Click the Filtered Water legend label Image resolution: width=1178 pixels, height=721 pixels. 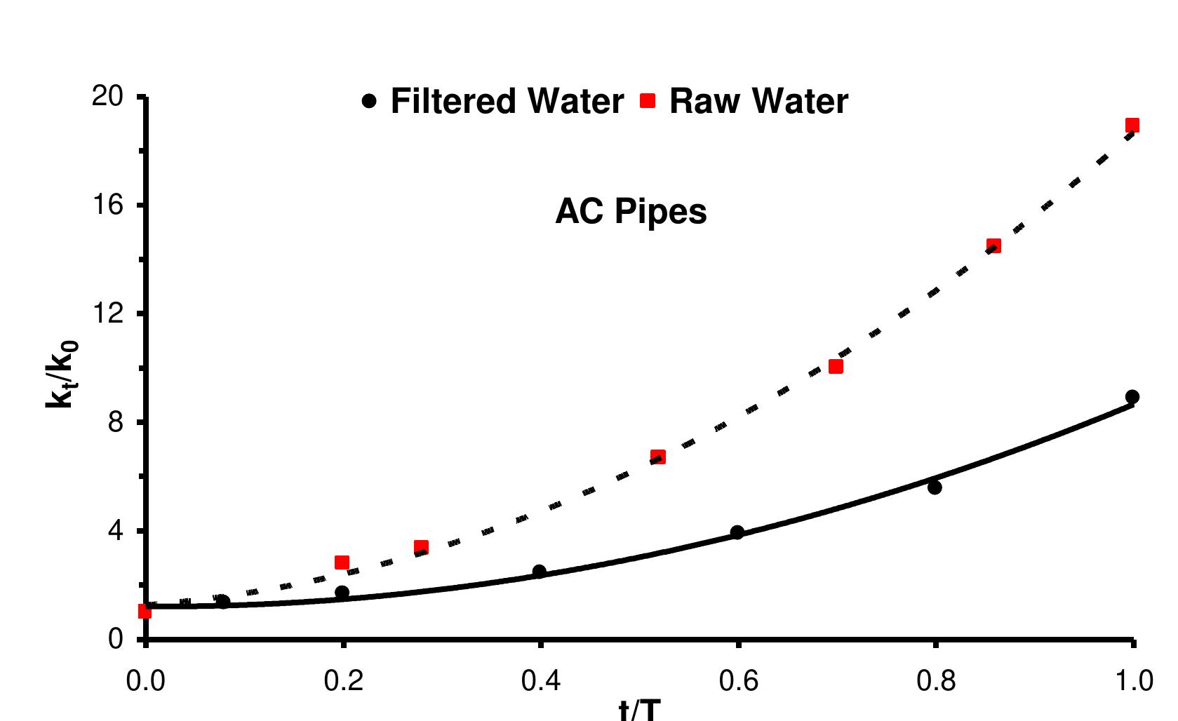click(x=507, y=101)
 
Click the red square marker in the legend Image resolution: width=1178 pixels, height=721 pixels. click(x=648, y=101)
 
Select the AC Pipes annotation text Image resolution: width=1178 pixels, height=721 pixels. click(x=631, y=211)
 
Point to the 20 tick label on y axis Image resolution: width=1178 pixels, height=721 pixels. click(x=107, y=96)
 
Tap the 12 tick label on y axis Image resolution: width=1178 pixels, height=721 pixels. click(x=107, y=314)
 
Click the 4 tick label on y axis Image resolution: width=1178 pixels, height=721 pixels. click(x=115, y=531)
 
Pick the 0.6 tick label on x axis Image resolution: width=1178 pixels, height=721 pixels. click(x=737, y=681)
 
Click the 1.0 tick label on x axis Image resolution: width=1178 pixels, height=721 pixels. click(x=1132, y=681)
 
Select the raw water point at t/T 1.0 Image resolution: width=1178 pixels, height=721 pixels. click(x=1132, y=126)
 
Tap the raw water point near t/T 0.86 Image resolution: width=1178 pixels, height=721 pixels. click(x=993, y=245)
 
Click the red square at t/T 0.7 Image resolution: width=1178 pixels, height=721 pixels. click(x=836, y=366)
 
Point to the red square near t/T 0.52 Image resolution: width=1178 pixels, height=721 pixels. click(x=658, y=457)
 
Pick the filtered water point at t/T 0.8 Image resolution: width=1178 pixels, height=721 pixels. click(x=935, y=487)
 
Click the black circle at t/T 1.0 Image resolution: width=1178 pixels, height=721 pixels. click(x=1132, y=397)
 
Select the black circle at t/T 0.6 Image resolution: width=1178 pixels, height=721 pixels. click(x=737, y=532)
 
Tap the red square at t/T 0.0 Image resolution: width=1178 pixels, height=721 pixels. click(x=145, y=612)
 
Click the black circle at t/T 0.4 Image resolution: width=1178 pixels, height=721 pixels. click(x=540, y=572)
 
